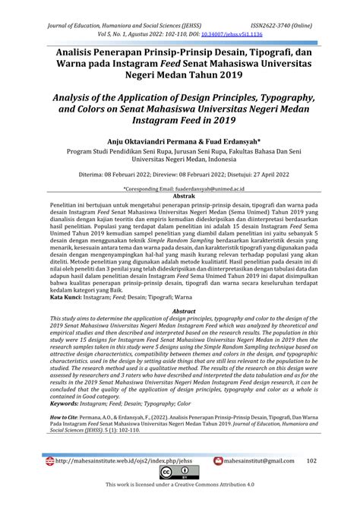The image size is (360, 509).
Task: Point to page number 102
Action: click(x=311, y=481)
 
